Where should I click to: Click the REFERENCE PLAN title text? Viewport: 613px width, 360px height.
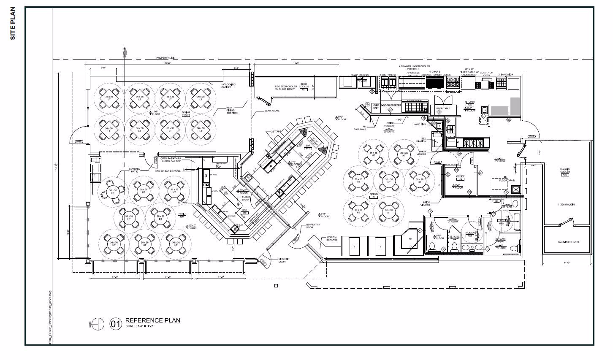point(152,320)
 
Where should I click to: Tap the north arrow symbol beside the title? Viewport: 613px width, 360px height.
point(98,323)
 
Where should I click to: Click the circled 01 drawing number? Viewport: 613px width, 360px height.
point(115,324)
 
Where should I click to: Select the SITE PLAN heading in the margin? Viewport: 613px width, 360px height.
point(12,23)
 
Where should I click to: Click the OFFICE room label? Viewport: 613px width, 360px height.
point(461,176)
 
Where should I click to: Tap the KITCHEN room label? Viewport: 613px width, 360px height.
point(470,102)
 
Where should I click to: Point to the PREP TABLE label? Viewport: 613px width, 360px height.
point(443,108)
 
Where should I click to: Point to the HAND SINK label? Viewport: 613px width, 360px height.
point(420,125)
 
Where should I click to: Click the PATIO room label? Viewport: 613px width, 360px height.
point(182,214)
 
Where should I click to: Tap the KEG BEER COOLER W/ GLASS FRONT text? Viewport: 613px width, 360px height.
point(287,87)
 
